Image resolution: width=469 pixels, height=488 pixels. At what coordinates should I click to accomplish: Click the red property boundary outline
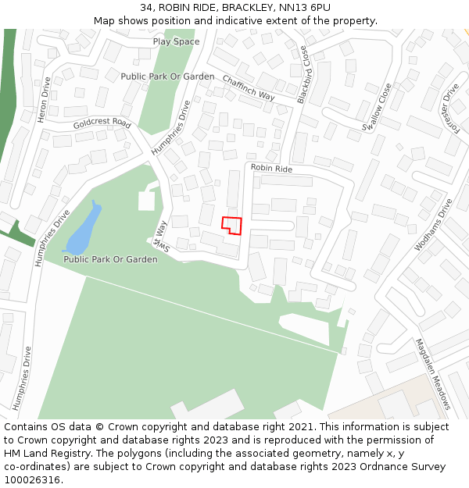coord(231,225)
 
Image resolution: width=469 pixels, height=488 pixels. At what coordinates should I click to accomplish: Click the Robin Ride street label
coord(271,169)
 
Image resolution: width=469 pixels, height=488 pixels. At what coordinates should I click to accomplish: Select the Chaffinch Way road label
coord(249,87)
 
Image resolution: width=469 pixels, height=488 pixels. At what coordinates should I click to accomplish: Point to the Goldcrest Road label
coord(102,123)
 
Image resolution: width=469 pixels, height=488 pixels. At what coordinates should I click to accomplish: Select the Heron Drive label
coord(44,99)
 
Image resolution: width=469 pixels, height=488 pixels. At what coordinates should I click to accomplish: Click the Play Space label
coord(176,41)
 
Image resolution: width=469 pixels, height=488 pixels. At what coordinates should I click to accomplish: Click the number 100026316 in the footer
coord(33,479)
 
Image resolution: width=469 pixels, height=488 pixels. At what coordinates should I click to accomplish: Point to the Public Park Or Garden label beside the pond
coord(110,259)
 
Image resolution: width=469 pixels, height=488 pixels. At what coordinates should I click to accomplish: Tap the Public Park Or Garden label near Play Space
coord(167,77)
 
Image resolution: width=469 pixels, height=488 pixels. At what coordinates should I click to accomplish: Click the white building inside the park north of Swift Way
coord(147,200)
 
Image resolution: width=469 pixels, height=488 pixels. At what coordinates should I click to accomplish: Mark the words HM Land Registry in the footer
coord(40,453)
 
